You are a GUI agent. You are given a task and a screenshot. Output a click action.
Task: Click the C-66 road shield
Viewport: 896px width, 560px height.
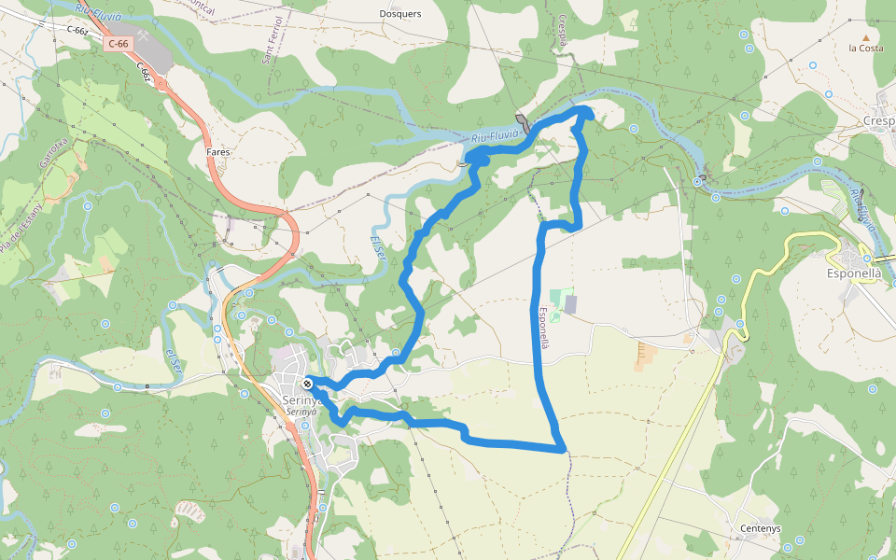point(118,44)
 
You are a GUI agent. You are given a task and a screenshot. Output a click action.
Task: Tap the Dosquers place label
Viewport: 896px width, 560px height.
point(400,14)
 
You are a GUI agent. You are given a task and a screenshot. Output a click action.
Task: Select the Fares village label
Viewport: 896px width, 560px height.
point(217,150)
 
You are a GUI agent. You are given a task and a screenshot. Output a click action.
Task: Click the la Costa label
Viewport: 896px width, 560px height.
point(865,48)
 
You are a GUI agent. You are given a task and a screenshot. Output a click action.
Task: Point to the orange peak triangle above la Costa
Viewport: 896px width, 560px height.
point(865,36)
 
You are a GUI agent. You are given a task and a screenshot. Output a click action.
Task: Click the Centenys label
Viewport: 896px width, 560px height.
point(760,527)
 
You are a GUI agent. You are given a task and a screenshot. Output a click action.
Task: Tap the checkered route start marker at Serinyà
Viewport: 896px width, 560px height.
point(308,383)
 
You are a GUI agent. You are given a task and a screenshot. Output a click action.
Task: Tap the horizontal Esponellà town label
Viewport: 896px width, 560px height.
point(854,274)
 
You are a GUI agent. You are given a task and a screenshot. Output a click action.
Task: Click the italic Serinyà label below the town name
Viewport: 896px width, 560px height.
point(301,412)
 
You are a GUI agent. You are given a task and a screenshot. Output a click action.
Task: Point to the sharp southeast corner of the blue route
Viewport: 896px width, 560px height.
point(563,450)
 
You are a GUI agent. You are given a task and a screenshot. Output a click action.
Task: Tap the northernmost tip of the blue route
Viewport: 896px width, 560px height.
point(586,111)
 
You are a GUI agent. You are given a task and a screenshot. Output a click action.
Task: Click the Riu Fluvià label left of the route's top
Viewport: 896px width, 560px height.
point(494,137)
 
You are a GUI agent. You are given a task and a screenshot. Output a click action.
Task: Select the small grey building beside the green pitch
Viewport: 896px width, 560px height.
point(571,303)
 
